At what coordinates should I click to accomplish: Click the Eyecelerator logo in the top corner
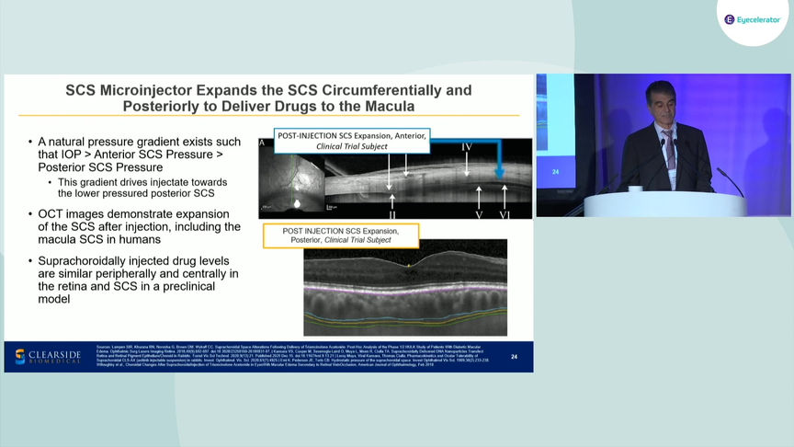[x=753, y=18]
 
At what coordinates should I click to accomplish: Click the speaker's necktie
[x=669, y=146]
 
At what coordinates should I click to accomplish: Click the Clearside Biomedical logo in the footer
[x=48, y=357]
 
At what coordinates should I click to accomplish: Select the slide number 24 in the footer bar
[x=514, y=357]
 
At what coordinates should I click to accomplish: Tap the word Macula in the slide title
[x=388, y=107]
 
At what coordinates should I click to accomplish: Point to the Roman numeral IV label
[x=466, y=147]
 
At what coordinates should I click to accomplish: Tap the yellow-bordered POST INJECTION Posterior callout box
[x=340, y=235]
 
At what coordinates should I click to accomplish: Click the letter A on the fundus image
[x=262, y=143]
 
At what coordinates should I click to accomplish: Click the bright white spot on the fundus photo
[x=297, y=201]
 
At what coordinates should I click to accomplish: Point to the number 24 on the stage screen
[x=555, y=171]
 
